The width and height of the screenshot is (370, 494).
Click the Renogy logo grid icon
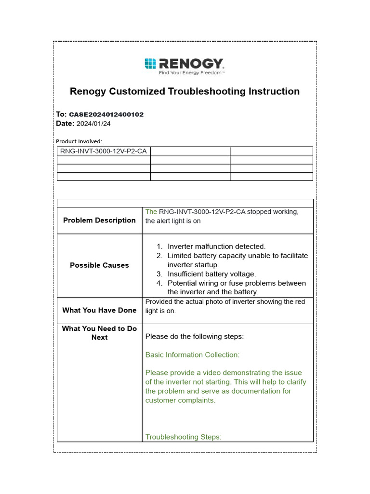pos(150,64)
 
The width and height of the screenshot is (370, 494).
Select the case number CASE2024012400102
pos(106,115)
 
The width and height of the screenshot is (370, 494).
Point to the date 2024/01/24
pos(93,123)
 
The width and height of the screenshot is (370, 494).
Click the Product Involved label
pos(79,141)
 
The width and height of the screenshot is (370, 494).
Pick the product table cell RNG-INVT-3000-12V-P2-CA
pos(103,151)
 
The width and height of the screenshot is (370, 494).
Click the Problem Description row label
pos(99,220)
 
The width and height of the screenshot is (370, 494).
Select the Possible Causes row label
pos(99,265)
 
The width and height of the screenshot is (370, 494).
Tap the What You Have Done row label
pos(99,310)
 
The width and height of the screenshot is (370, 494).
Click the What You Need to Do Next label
pos(99,333)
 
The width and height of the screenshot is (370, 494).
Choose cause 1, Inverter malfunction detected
pos(216,247)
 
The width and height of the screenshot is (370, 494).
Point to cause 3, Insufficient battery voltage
pos(211,274)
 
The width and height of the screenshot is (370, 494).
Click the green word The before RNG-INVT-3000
pos(151,212)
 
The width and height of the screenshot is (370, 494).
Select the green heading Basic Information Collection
pos(192,355)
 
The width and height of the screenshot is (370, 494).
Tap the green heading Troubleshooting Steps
pos(183,437)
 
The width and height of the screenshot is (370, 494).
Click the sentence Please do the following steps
pos(194,337)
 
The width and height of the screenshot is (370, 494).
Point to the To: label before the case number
pos(61,115)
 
